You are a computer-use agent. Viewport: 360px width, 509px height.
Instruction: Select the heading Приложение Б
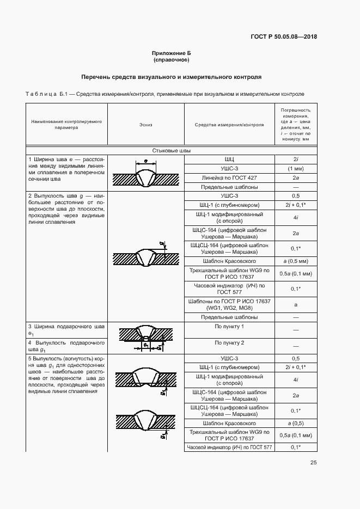[x=171, y=53]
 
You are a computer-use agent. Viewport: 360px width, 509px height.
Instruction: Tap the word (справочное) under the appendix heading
[x=171, y=60]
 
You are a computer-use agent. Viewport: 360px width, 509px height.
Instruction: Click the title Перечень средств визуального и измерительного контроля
[x=171, y=77]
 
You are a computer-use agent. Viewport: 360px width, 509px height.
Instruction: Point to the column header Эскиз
[x=145, y=125]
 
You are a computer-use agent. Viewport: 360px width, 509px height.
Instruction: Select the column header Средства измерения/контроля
[x=229, y=125]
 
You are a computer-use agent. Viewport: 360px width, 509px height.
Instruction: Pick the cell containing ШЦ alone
[x=229, y=160]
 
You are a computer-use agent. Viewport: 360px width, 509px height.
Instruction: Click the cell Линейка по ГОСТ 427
[x=229, y=178]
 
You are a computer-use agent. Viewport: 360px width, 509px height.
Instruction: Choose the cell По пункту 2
[x=229, y=343]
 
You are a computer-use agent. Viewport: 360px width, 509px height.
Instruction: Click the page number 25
[x=313, y=463]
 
